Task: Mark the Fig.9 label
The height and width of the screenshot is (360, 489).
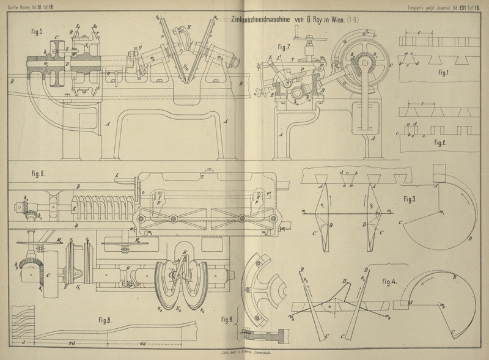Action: (227, 319)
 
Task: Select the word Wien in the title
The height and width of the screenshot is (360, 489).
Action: (330, 20)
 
